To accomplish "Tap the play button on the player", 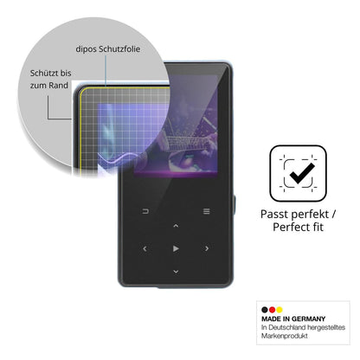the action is pos(176,248).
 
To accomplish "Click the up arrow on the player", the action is pos(176,226).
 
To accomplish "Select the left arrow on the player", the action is pos(145,248).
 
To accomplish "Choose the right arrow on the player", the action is pos(207,248).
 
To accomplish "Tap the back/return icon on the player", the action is pos(145,211).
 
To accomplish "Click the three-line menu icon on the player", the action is pos(207,211).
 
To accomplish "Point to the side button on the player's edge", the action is pos(235,205).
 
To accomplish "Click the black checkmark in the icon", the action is pos(302,173).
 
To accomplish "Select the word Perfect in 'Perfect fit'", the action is pos(291,227).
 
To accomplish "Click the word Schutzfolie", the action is pos(119,49).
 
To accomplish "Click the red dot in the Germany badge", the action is pos(272,310).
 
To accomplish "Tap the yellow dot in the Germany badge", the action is pos(280,310).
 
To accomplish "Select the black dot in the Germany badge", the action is pos(265,310).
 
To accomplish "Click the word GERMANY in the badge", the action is pos(308,319).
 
